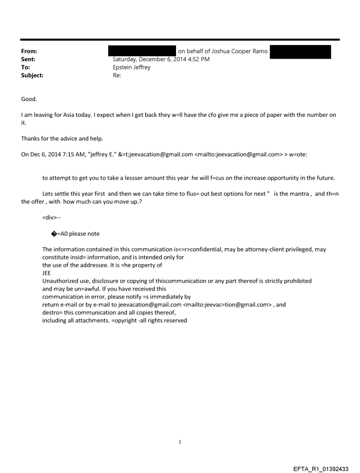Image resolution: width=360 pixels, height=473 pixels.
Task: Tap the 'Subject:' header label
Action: point(32,75)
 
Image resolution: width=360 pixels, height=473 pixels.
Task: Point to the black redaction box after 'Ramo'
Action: point(300,51)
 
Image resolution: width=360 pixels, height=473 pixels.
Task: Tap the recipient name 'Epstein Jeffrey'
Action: point(131,67)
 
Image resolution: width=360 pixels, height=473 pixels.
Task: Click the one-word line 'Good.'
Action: point(29,99)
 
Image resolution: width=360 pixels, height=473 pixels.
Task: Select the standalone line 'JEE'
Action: point(46,273)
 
